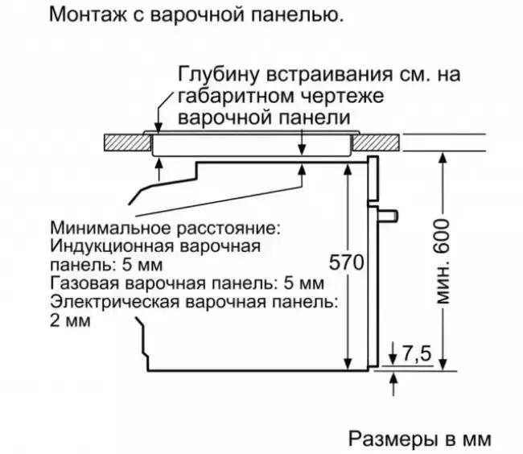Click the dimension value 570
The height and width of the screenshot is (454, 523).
(x=348, y=262)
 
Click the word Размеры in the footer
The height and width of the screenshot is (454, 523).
(x=388, y=438)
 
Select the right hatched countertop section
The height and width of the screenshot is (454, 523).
(x=378, y=141)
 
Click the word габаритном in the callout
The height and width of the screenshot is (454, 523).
(x=227, y=97)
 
